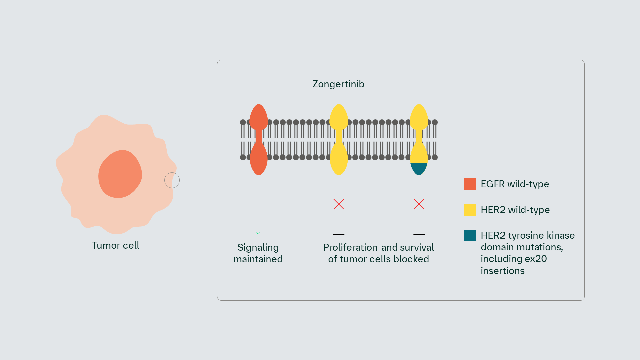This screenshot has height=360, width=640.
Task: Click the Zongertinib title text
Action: [338, 84]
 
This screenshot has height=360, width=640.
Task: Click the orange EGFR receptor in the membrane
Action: [258, 140]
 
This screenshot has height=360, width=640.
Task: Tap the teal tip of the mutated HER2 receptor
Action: [419, 169]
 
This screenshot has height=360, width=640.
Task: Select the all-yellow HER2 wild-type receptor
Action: [339, 140]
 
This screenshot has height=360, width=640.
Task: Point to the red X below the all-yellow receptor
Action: [339, 204]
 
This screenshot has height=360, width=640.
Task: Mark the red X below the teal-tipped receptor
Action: [419, 204]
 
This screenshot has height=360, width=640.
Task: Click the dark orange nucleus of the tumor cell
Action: [120, 174]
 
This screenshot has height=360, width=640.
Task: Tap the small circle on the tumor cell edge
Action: [172, 180]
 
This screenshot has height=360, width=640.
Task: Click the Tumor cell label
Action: [115, 245]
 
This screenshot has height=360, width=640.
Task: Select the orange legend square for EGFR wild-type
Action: [469, 184]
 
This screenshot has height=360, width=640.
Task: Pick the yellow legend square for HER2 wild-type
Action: [469, 210]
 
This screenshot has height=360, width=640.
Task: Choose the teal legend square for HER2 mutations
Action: [469, 235]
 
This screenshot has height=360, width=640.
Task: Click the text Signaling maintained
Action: [258, 253]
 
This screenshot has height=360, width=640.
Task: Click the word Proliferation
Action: [350, 247]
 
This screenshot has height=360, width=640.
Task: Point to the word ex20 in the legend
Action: [536, 259]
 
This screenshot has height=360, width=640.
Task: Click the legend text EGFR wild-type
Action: [515, 184]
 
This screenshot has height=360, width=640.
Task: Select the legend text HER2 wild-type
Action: [515, 210]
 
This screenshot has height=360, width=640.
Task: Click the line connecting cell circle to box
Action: [198, 180]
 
